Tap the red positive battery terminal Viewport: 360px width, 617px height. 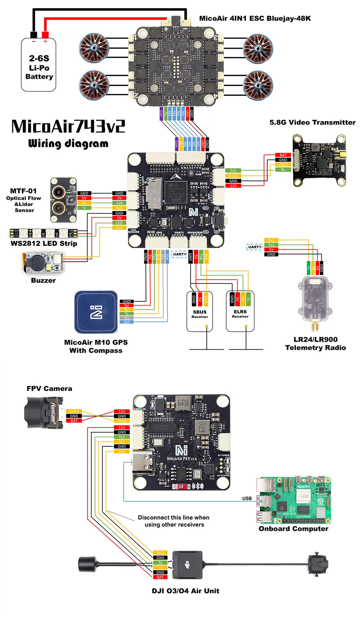pos(45,35)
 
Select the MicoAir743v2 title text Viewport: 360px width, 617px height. pos(68,126)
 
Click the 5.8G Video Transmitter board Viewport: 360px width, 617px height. pos(319,160)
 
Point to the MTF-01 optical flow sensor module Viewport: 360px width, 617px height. pos(63,200)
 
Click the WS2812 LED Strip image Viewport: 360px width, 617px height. pos(43,233)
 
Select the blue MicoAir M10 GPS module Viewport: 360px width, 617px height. pos(96,312)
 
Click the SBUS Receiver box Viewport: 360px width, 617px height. pos(200,312)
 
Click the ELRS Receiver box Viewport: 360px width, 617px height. pos(240,312)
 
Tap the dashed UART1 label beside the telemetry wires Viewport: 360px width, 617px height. pos(254,247)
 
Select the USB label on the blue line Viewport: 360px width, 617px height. pos(247,498)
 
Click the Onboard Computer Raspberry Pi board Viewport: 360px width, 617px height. pos(293,500)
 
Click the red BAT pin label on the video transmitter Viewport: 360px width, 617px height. pos(283,155)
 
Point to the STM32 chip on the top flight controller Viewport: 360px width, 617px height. pos(176,192)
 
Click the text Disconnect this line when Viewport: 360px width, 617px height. pos(173,517)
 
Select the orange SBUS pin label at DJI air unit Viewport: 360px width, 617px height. pos(160,553)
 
